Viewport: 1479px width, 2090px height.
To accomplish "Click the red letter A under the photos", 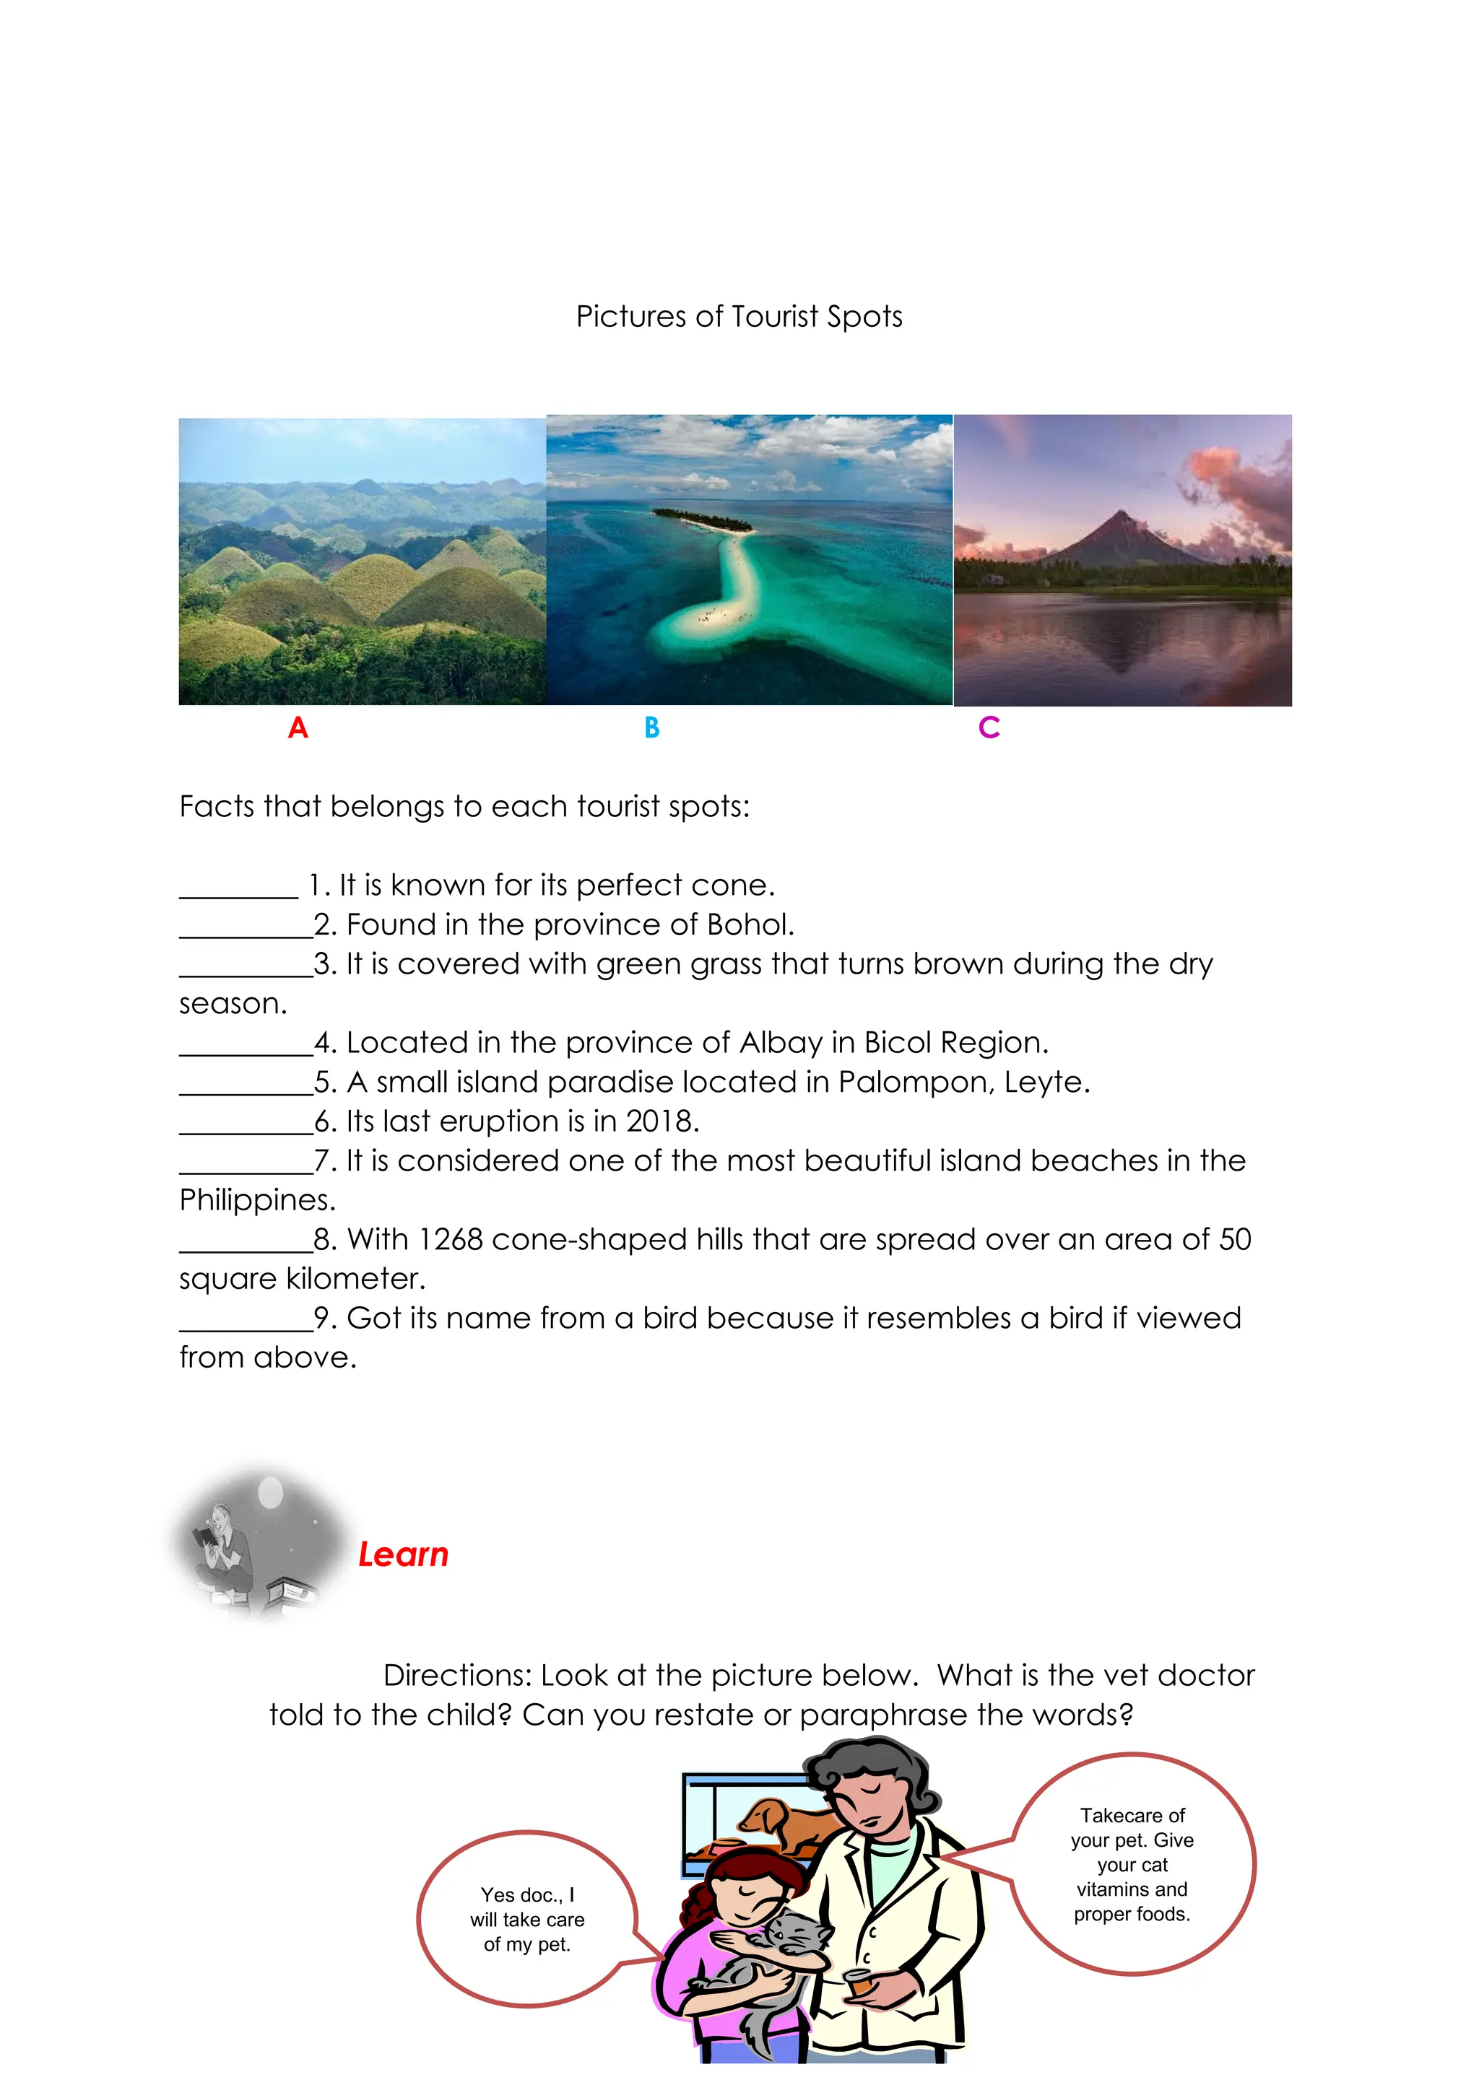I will pyautogui.click(x=298, y=727).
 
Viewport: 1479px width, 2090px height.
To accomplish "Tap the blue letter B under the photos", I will pyautogui.click(x=651, y=727).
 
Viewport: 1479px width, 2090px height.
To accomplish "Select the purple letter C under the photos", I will pyautogui.click(x=989, y=727).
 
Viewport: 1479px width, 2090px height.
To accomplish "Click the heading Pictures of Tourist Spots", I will pyautogui.click(x=739, y=317).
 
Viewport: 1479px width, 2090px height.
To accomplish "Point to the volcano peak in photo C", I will pyautogui.click(x=1119, y=516).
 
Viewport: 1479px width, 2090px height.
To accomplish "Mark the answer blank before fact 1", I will pyautogui.click(x=238, y=888).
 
